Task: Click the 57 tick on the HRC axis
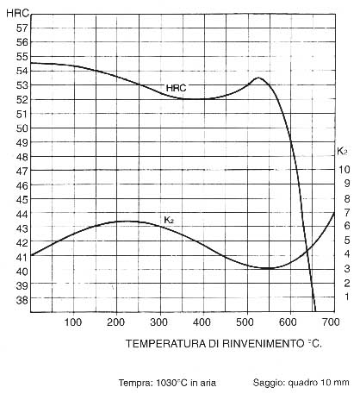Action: (22, 28)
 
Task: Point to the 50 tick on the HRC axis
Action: (22, 128)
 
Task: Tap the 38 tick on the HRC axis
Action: (22, 300)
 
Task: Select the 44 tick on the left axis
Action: (22, 214)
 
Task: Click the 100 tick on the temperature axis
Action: (73, 322)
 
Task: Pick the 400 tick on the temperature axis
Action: (202, 322)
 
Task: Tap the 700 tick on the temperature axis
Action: (331, 322)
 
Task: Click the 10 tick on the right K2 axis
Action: (344, 170)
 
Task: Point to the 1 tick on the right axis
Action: (347, 297)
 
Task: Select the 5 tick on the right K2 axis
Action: (347, 240)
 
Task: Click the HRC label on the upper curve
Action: (176, 88)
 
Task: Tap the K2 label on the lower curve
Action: (169, 220)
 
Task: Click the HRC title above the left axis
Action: (18, 13)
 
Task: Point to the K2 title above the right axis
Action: (342, 151)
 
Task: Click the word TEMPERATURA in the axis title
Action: (165, 344)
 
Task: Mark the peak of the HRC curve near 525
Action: (258, 78)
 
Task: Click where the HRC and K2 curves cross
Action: (307, 250)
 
